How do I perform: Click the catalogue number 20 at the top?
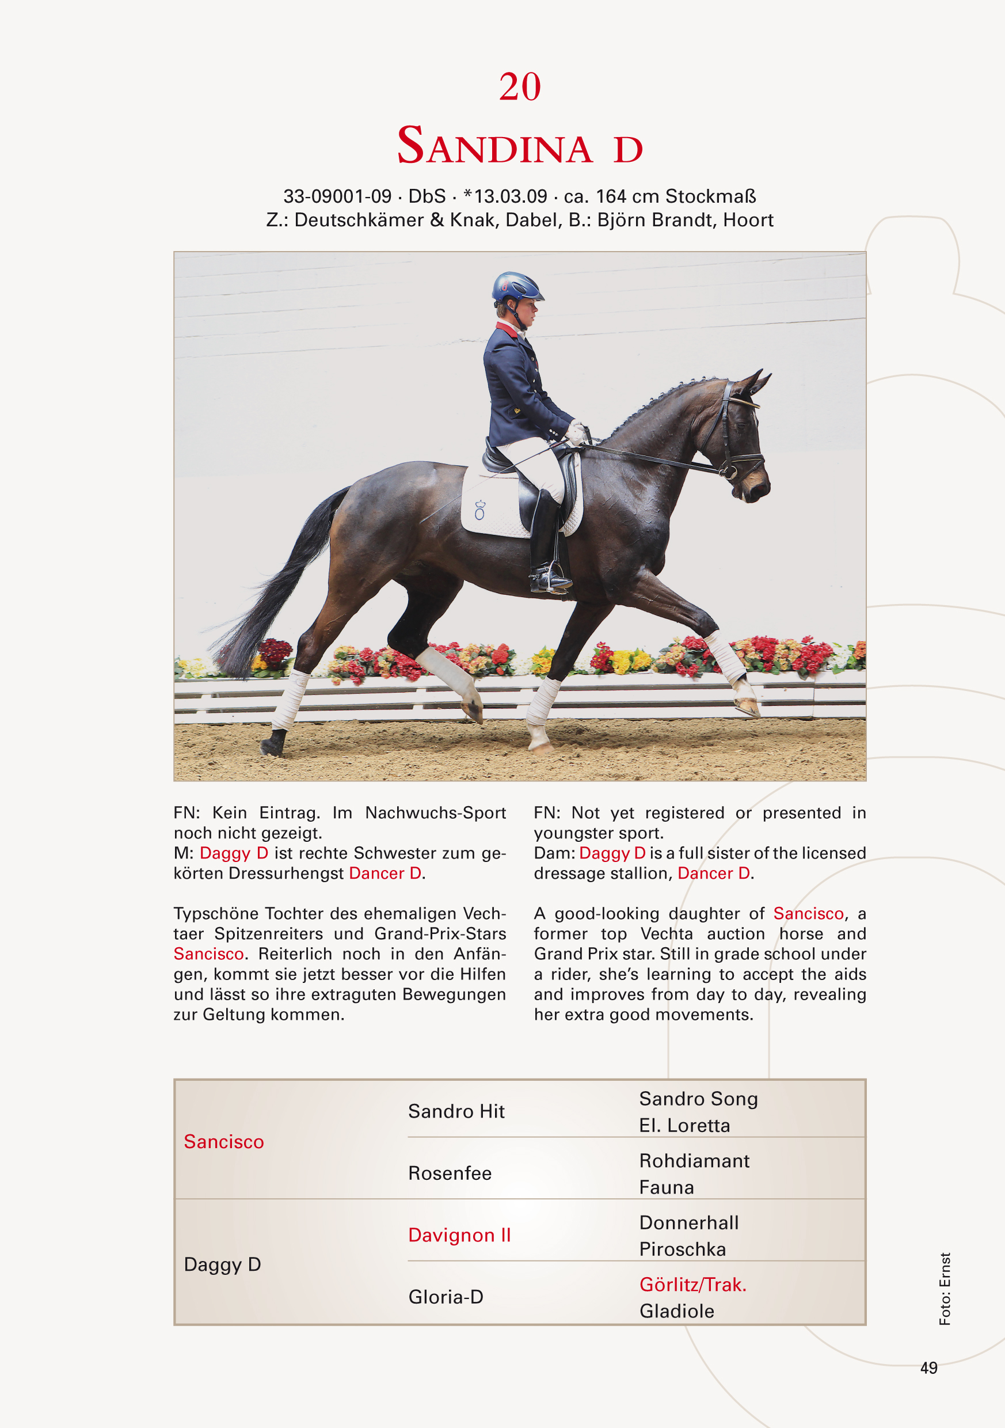pos(520,86)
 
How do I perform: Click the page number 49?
pos(928,1368)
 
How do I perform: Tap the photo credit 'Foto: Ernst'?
pos(945,1289)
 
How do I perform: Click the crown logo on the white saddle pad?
pos(479,510)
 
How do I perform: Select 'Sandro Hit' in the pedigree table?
pos(456,1111)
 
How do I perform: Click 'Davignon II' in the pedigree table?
pos(459,1235)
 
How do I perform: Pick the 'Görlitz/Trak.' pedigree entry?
pos(693,1284)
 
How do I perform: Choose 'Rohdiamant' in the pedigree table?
pos(694,1161)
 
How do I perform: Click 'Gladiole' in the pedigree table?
pos(677,1311)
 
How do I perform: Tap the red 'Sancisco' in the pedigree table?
pos(224,1142)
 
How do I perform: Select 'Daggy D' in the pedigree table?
pos(222,1264)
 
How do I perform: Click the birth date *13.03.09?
pos(505,196)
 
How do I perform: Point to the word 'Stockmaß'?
pos(710,196)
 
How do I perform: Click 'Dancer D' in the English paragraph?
pos(714,873)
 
